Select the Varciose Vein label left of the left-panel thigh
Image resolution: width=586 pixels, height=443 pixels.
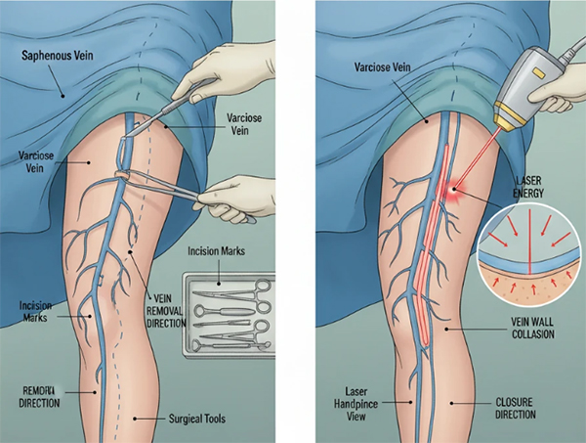click(x=39, y=161)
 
